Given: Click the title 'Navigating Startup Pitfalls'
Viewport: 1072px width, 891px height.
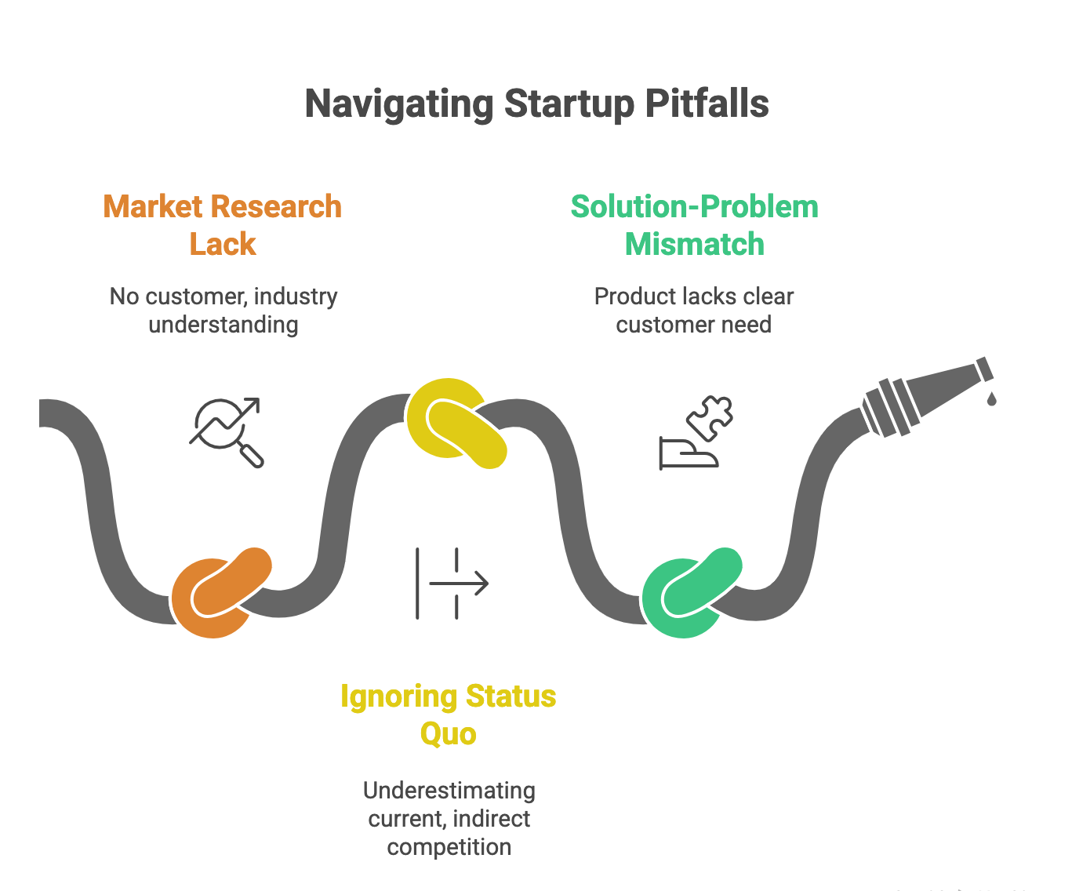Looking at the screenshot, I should click(536, 104).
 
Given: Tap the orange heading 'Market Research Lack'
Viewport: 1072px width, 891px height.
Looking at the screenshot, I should click(223, 225).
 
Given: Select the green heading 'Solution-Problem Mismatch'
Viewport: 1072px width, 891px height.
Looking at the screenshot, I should click(694, 225).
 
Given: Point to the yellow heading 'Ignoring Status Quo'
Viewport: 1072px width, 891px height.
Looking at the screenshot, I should click(448, 715).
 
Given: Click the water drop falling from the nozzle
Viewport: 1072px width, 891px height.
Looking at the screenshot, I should click(992, 399).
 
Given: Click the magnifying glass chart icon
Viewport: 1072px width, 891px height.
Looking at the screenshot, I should click(227, 432).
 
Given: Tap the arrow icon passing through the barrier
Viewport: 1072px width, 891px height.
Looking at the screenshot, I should click(452, 584).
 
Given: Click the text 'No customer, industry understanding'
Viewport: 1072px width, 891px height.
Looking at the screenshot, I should click(223, 311).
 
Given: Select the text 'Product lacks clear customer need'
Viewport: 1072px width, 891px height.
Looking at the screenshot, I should click(694, 311).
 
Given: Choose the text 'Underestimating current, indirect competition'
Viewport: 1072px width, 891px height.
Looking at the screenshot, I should click(449, 818).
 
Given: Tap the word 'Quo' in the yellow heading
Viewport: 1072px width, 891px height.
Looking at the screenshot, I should click(448, 734).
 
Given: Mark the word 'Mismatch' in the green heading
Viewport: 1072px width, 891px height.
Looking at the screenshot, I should click(694, 245).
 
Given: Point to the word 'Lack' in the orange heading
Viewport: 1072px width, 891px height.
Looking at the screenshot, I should click(223, 245).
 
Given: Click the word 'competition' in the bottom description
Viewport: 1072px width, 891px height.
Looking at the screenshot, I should click(449, 847).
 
